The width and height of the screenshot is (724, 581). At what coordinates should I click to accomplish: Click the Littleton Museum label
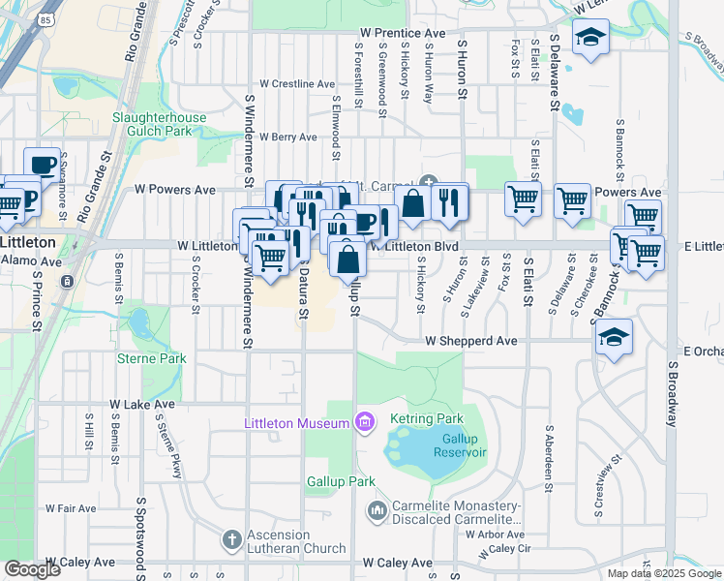point(296,424)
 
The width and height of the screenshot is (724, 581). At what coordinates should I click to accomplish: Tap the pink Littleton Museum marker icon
point(364,421)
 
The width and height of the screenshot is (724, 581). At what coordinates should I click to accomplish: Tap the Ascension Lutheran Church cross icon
point(231,538)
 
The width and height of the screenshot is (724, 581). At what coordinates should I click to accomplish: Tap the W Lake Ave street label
point(142,404)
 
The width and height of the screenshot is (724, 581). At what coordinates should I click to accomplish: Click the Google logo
point(32,569)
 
